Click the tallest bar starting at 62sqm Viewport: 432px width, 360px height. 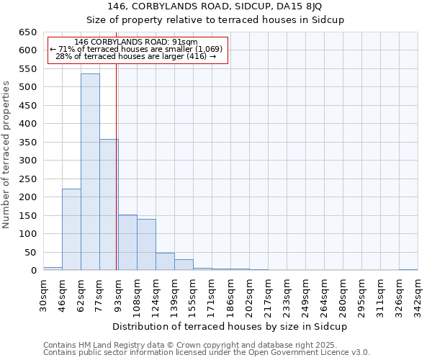(x=90, y=172)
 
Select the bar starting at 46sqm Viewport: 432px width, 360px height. (x=71, y=230)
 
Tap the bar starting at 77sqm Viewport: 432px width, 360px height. (x=109, y=205)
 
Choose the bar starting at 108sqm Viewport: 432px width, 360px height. (x=146, y=245)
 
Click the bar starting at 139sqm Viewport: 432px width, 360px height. (x=184, y=265)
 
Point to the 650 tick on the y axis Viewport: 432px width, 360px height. (x=27, y=32)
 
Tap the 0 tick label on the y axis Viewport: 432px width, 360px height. (x=33, y=271)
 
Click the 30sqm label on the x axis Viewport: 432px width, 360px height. (x=43, y=294)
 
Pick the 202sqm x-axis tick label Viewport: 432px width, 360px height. (x=249, y=294)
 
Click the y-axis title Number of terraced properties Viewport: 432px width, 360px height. (x=6, y=155)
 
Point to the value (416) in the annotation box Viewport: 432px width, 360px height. (x=195, y=56)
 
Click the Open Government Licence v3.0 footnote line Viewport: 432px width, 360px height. (x=207, y=352)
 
